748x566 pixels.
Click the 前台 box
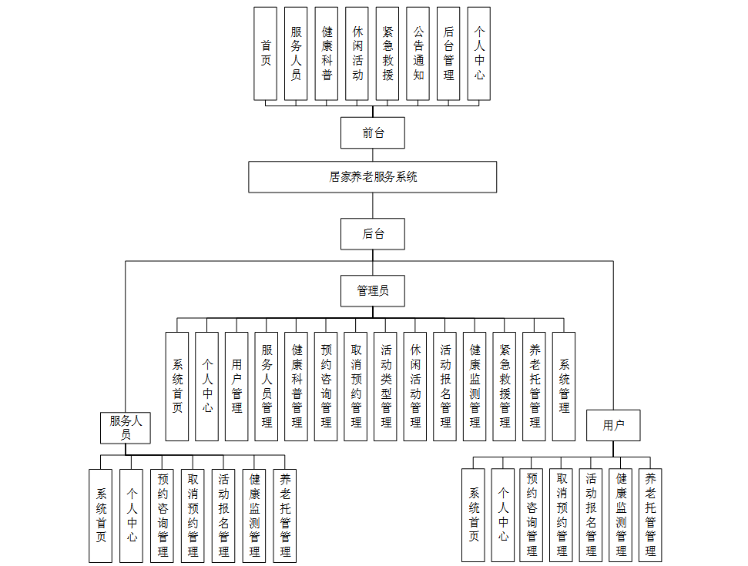[373, 132]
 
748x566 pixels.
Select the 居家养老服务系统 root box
[373, 176]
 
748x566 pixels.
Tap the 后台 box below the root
[373, 233]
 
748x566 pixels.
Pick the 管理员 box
[373, 290]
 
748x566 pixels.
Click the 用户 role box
[613, 425]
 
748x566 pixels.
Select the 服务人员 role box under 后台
[126, 427]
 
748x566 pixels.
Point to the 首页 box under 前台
[266, 53]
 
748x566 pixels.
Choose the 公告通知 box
[418, 53]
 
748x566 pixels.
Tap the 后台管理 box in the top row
[448, 53]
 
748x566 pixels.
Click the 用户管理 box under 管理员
[237, 387]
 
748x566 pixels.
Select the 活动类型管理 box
[386, 387]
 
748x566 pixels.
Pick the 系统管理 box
[564, 387]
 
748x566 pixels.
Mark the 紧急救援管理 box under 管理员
[505, 387]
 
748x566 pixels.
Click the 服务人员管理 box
[267, 387]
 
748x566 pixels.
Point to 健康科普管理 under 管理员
[297, 387]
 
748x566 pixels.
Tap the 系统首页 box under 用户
[474, 515]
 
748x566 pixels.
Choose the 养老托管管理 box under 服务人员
[285, 515]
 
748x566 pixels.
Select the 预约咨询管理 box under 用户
[532, 515]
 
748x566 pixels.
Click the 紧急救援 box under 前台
[387, 53]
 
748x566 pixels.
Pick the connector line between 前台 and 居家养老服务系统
[373, 155]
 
